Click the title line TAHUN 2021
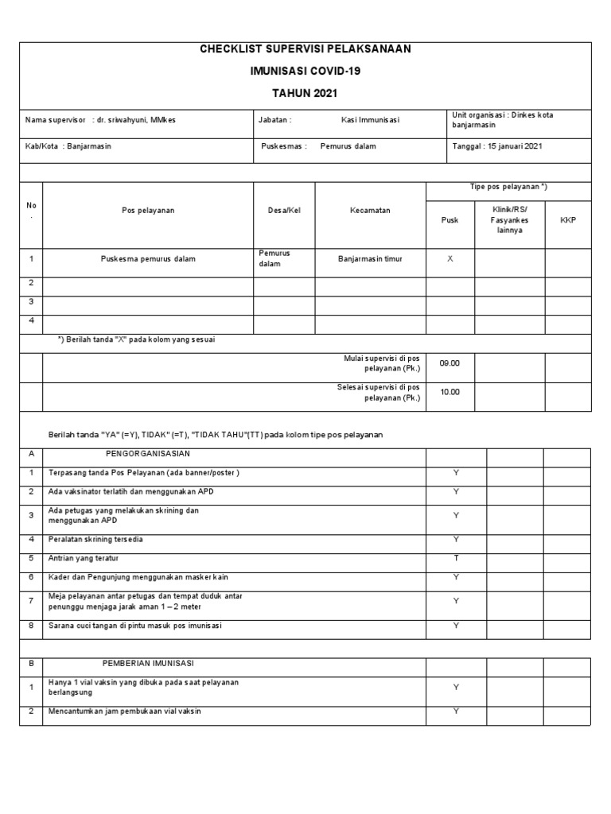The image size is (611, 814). [305, 93]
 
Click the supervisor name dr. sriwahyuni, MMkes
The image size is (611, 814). [138, 120]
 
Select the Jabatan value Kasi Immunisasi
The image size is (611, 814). [370, 120]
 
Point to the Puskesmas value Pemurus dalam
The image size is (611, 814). [348, 146]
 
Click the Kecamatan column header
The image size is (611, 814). [370, 211]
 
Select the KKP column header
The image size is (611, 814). [567, 220]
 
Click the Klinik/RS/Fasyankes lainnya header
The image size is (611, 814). [509, 220]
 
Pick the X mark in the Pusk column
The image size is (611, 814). [450, 259]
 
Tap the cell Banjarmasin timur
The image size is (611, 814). [370, 259]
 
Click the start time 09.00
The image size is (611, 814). [450, 363]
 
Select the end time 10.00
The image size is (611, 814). [450, 392]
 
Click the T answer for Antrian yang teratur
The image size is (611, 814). [456, 558]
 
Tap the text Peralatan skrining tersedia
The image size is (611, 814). [95, 540]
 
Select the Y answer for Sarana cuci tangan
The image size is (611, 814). [456, 626]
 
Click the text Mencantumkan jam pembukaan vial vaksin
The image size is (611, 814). [125, 711]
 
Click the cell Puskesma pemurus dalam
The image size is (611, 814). [148, 259]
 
